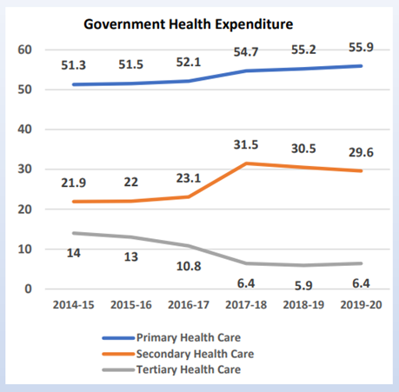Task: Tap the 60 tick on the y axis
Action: (x=25, y=50)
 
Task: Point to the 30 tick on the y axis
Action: (x=25, y=169)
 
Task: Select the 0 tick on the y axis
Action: (x=29, y=289)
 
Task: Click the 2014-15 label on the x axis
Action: (x=72, y=307)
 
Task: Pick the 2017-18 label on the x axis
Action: (x=246, y=307)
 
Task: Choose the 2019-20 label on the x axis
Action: (x=361, y=307)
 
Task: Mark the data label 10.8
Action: (x=187, y=266)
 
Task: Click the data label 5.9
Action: (x=303, y=283)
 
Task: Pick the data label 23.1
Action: (x=189, y=178)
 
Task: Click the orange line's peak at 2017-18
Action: (x=247, y=163)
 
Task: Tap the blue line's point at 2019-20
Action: (x=362, y=66)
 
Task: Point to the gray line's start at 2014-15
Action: (x=73, y=233)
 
